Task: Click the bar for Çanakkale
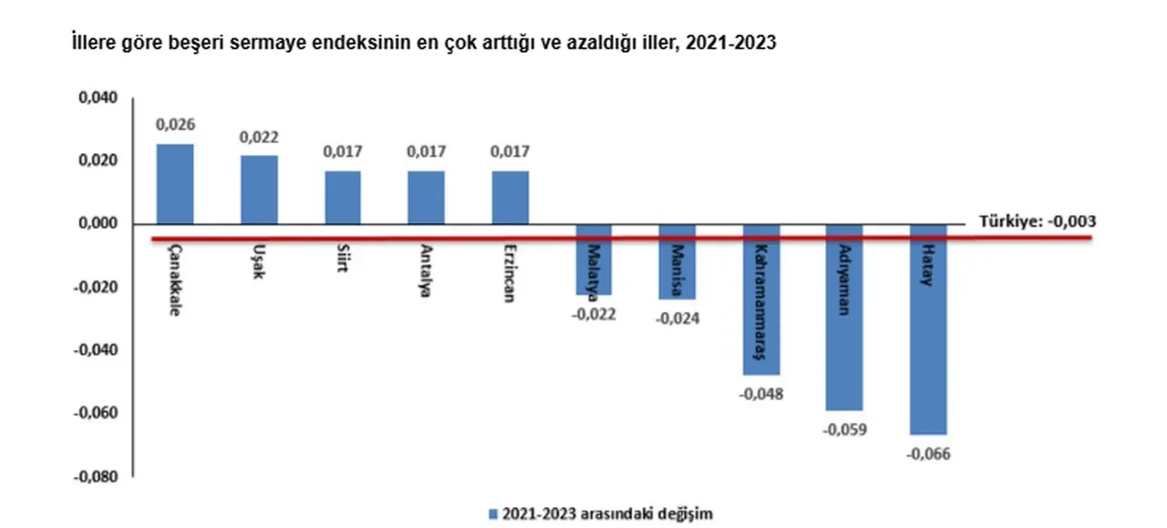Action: tap(175, 183)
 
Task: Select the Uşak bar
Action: tap(259, 190)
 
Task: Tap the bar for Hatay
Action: tap(928, 329)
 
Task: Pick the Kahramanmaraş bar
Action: tap(760, 299)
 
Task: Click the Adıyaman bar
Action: tap(844, 316)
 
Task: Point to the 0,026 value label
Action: tap(175, 124)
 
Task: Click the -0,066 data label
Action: tap(929, 453)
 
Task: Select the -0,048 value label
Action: tap(761, 394)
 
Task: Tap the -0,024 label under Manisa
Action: tap(677, 318)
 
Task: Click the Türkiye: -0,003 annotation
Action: tap(1037, 221)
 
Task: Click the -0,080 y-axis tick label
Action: tap(98, 476)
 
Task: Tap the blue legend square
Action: tap(493, 514)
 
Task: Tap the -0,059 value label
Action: tap(845, 429)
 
